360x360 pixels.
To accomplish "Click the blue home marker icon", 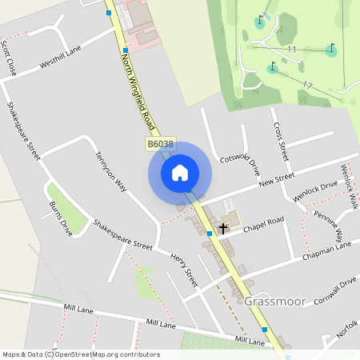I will [180, 172].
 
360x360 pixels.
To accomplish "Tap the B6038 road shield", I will [160, 144].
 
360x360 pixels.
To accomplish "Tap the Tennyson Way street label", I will [112, 172].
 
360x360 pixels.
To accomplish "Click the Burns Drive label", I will [60, 218].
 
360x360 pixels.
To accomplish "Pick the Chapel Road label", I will [263, 222].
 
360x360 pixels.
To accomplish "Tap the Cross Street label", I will [279, 136].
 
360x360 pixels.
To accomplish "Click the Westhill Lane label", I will [61, 58].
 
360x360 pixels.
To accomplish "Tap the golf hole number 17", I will [307, 83].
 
